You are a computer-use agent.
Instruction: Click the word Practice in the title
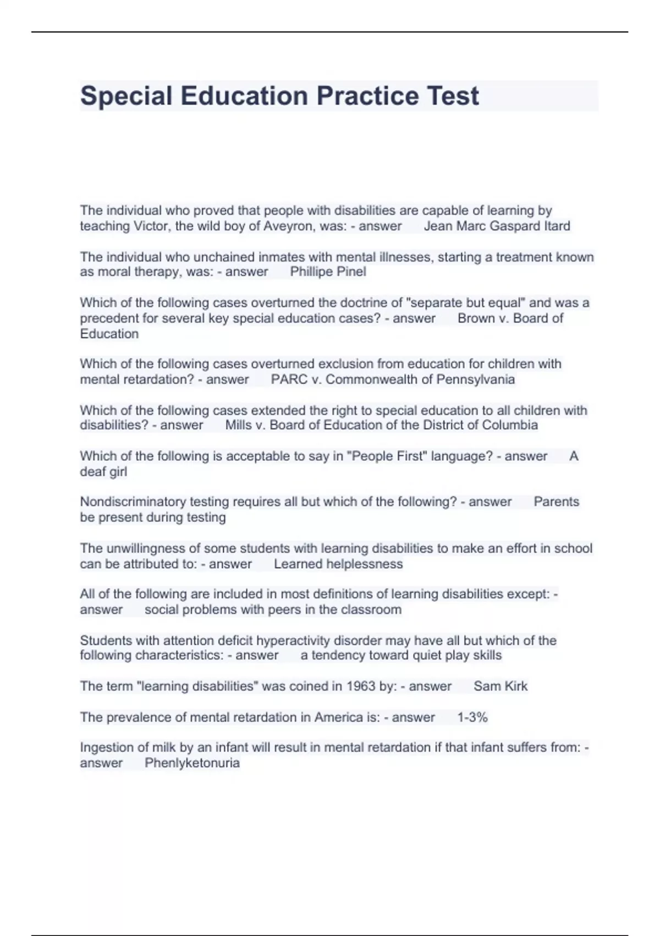coord(364,96)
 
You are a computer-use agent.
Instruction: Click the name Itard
coord(557,226)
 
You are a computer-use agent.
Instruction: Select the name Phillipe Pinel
coord(328,271)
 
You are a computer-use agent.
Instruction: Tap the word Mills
coord(238,425)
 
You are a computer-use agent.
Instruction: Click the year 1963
coord(360,686)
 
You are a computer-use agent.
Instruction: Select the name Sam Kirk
coord(501,686)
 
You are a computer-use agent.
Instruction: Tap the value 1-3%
coord(472,717)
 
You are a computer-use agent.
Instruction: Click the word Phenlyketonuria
coord(192,763)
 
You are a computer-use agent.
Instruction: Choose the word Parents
coord(556,502)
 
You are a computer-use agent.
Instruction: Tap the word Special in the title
coord(126,96)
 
